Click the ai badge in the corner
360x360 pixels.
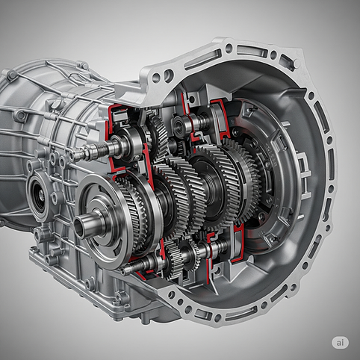[x=340, y=343]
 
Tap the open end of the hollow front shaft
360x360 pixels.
[x=79, y=227]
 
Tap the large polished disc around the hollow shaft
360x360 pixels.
[x=105, y=222]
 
